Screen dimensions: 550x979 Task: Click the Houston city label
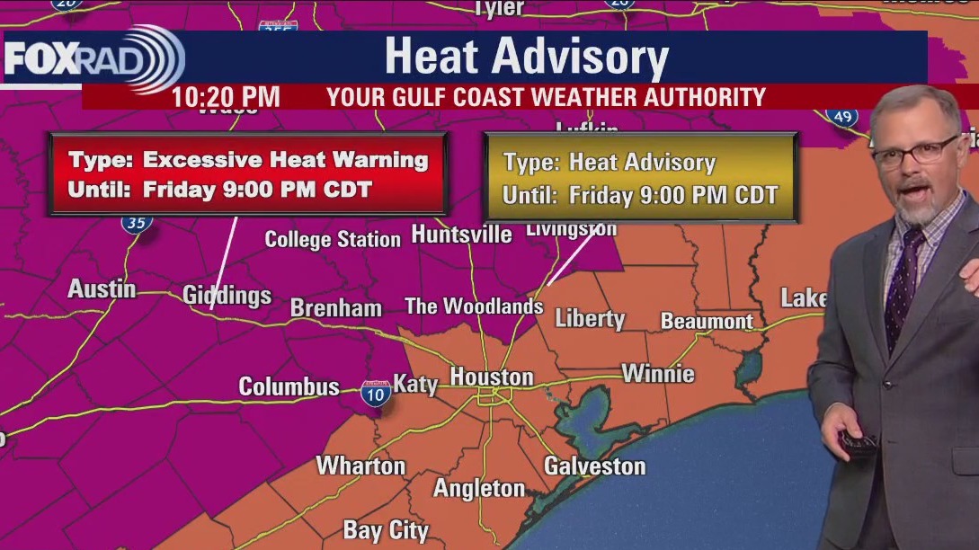(x=491, y=377)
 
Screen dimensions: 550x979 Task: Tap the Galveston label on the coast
(x=594, y=466)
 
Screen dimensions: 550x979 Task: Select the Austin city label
(x=102, y=289)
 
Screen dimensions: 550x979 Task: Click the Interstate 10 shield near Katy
(x=376, y=394)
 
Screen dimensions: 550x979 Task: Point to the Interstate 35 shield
(x=137, y=221)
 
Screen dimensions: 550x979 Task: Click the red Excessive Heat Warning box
(x=248, y=174)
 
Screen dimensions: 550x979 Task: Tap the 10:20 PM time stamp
(x=225, y=97)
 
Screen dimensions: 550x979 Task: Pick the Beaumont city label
(x=707, y=321)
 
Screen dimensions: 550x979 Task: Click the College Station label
(x=333, y=239)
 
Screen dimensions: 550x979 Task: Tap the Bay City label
(x=386, y=530)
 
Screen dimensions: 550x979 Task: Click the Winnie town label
(x=658, y=373)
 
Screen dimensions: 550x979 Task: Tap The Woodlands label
(x=474, y=306)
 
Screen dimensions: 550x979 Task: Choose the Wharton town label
(x=360, y=466)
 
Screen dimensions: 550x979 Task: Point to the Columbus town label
(x=289, y=386)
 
